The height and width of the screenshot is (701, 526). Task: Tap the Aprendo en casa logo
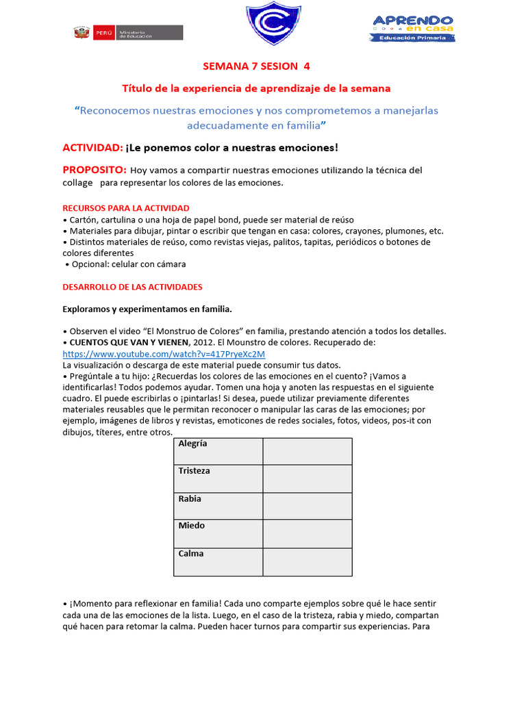[413, 28]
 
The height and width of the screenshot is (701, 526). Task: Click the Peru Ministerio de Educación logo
[127, 33]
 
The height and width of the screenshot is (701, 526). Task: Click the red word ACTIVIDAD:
[92, 148]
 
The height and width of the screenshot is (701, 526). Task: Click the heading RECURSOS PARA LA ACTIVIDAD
[126, 208]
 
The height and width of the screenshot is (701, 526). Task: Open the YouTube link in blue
[163, 355]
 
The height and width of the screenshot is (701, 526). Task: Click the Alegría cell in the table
[218, 452]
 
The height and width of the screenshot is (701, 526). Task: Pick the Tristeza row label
[218, 479]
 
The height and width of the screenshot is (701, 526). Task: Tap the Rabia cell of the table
[218, 507]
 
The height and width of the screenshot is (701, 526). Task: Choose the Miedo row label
[218, 534]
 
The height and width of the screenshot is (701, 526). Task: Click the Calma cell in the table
[218, 561]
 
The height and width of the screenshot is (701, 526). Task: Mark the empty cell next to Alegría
[307, 452]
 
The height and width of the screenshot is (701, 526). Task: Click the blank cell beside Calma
[307, 561]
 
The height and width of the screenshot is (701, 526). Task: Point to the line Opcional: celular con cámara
[126, 264]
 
